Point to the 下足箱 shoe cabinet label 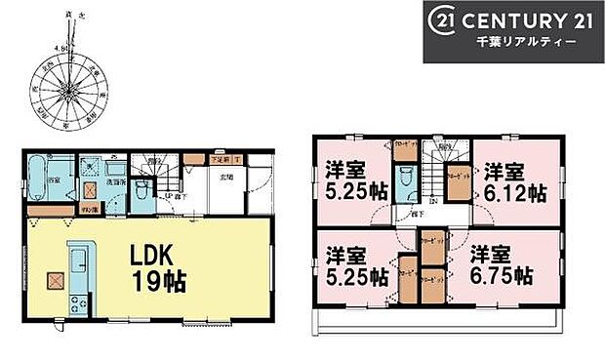pyautogui.click(x=220, y=157)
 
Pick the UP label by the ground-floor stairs pyautogui.click(x=168, y=195)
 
